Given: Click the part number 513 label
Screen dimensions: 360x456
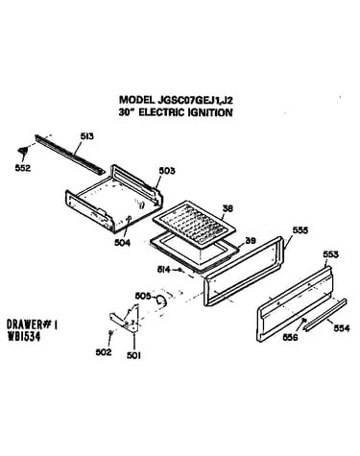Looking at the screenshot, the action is [86, 136].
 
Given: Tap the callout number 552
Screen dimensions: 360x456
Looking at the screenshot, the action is [23, 168].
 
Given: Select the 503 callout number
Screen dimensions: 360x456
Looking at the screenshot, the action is [167, 171].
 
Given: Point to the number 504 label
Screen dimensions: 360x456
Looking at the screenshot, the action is [123, 243].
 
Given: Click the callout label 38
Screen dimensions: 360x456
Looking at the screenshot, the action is [228, 208].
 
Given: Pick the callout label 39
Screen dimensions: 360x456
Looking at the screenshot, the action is [251, 241].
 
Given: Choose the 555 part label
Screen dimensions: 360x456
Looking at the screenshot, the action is [300, 230].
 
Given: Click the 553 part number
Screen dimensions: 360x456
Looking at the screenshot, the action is [330, 254].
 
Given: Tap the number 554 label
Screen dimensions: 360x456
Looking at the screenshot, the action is [342, 328].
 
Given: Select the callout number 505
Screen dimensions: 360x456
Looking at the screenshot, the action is [142, 296].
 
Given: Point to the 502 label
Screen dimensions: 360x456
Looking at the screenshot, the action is [104, 352].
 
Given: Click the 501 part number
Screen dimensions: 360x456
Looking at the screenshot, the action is [133, 355].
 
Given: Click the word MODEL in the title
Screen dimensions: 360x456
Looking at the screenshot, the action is [136, 100].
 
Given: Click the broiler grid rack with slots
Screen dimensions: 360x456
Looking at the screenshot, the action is [194, 224].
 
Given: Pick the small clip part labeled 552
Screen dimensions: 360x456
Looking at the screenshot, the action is [23, 150].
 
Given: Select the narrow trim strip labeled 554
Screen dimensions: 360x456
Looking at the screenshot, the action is [325, 315].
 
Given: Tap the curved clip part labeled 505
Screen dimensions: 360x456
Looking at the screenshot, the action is [161, 300].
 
